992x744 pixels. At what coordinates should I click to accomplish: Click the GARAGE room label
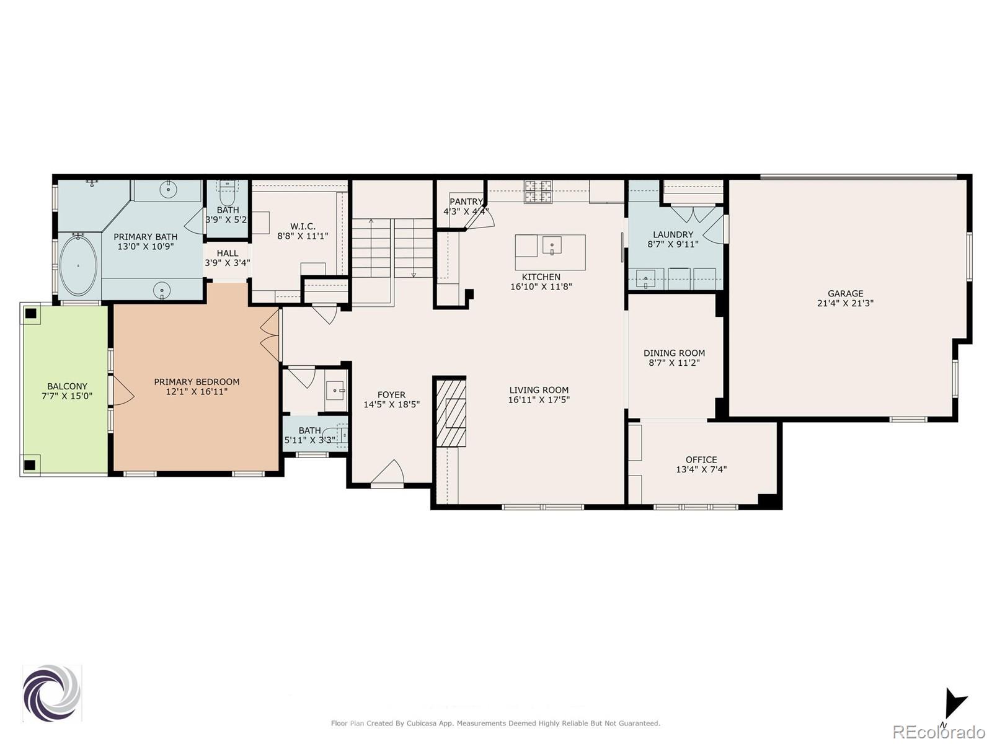click(x=845, y=293)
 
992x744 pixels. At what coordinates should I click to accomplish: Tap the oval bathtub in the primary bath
click(x=78, y=266)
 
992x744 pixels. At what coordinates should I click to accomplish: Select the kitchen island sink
click(x=551, y=246)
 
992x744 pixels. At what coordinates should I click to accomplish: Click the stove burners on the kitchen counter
click(x=538, y=191)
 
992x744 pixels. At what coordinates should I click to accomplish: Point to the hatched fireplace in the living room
click(x=451, y=412)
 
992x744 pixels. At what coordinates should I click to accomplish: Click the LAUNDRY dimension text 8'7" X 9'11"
click(x=673, y=244)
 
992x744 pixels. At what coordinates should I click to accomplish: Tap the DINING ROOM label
click(x=674, y=353)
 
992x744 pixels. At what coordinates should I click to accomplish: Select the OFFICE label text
click(x=701, y=459)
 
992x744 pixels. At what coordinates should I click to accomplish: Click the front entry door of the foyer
click(x=388, y=474)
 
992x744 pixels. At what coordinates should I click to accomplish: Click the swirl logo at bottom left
click(x=51, y=693)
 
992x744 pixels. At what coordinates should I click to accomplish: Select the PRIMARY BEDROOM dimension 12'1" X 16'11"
click(x=197, y=392)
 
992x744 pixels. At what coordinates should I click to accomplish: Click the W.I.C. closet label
click(x=303, y=226)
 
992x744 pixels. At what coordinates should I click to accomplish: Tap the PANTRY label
click(x=466, y=201)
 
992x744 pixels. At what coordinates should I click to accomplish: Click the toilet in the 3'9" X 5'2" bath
click(x=228, y=195)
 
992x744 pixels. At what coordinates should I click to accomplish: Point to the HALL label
click(x=228, y=253)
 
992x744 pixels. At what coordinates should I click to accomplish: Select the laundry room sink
click(x=645, y=278)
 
